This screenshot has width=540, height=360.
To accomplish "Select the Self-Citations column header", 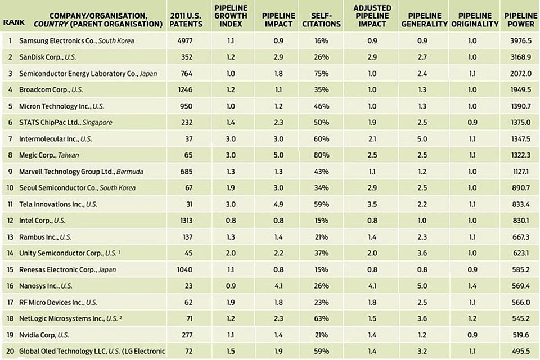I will point(326,20).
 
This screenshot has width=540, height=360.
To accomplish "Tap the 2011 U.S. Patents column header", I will point(185,20).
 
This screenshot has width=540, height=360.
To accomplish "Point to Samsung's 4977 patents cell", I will point(185,41).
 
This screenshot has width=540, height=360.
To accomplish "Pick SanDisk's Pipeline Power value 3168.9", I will point(519,57).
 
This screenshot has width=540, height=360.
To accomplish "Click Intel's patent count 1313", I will point(185,220).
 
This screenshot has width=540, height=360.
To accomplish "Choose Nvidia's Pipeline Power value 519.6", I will point(519,335).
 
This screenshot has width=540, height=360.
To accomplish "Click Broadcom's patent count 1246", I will point(185,90).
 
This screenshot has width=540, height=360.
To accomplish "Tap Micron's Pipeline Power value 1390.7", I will point(519,106).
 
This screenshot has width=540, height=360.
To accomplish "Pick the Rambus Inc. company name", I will point(39,237).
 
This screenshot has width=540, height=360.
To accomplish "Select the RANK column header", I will point(11,24).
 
